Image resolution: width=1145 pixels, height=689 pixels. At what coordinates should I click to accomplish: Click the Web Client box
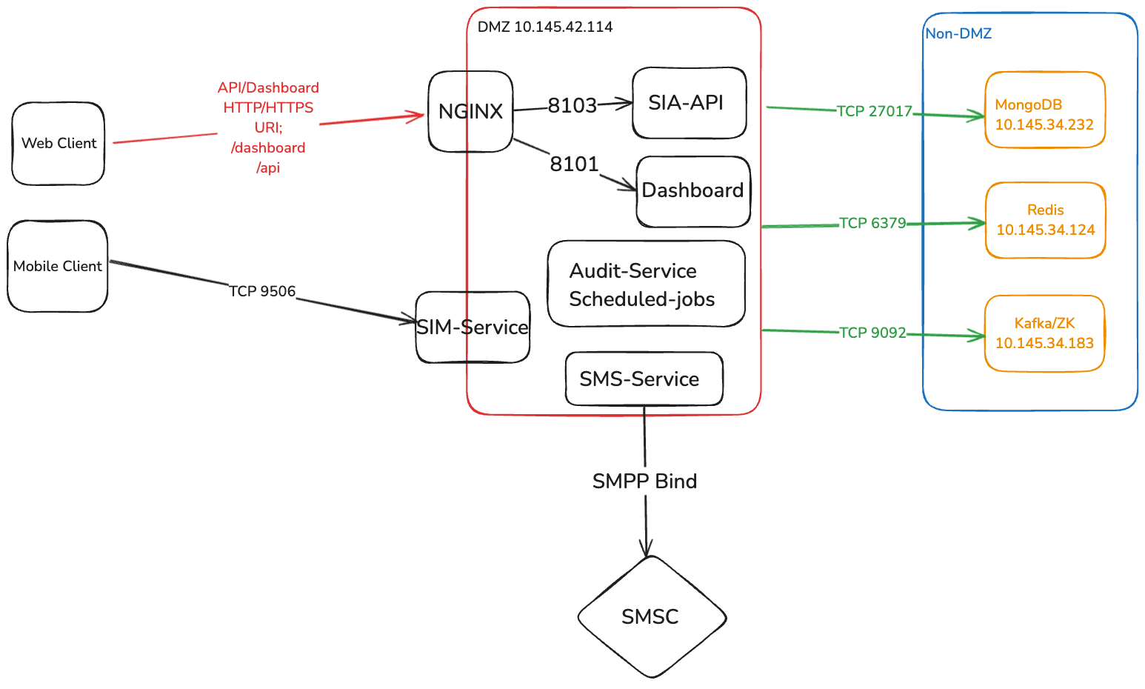59,144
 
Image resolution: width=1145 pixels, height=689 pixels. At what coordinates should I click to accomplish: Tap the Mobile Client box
58,266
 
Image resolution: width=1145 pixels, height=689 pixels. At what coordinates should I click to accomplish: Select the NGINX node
470,111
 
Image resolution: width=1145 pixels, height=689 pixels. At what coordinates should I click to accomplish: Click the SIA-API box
689,103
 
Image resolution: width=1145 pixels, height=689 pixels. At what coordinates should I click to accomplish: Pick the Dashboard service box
693,191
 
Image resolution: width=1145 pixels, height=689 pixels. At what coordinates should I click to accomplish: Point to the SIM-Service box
473,327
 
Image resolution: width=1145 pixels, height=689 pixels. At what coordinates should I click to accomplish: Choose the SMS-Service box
644,379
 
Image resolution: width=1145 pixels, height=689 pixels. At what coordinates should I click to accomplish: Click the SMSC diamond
651,617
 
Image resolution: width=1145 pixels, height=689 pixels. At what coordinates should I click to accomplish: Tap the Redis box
1045,220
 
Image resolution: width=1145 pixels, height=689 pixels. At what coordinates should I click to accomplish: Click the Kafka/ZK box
1044,333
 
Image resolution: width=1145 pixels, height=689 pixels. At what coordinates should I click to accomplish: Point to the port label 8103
572,106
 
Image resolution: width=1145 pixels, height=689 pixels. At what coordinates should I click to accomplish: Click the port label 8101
574,164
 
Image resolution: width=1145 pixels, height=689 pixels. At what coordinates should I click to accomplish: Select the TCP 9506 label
262,291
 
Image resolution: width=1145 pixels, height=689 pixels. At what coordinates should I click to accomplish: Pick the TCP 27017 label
875,111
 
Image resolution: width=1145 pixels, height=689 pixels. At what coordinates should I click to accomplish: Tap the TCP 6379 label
872,223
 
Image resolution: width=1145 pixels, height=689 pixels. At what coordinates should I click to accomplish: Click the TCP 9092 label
872,333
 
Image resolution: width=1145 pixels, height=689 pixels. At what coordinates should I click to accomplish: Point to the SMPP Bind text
645,482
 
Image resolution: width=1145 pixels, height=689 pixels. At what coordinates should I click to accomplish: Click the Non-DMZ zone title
958,33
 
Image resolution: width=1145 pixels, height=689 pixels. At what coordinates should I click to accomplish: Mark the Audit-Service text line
633,271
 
